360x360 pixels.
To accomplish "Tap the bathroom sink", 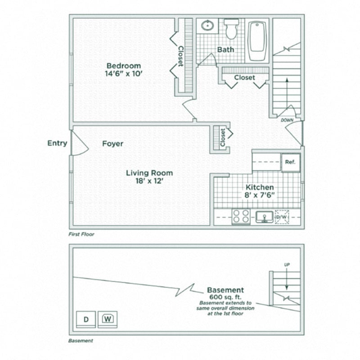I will pyautogui.click(x=207, y=26).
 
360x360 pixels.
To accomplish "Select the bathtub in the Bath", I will pyautogui.click(x=257, y=40).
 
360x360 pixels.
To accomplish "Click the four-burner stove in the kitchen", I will pyautogui.click(x=241, y=216).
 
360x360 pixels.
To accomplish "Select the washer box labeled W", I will pyautogui.click(x=108, y=319).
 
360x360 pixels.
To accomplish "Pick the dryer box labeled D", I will pyautogui.click(x=85, y=319).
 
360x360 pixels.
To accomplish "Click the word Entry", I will pyautogui.click(x=57, y=143).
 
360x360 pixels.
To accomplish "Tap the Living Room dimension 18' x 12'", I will pyautogui.click(x=149, y=181).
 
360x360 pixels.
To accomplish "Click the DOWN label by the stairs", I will pyautogui.click(x=287, y=121).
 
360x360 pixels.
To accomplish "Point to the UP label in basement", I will pyautogui.click(x=287, y=265).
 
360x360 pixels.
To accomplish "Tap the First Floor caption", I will pyautogui.click(x=81, y=234).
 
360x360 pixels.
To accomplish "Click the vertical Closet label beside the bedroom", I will pyautogui.click(x=181, y=56).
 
